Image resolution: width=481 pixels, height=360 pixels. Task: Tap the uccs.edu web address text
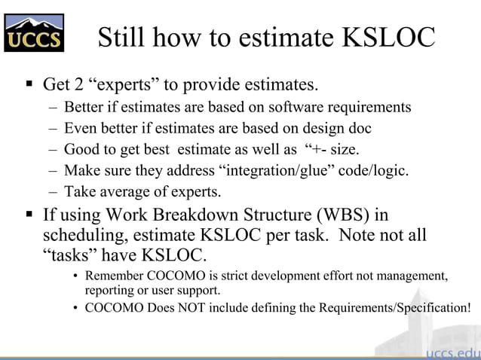[x=452, y=352]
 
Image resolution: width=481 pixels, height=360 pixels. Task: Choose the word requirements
[x=369, y=107]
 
